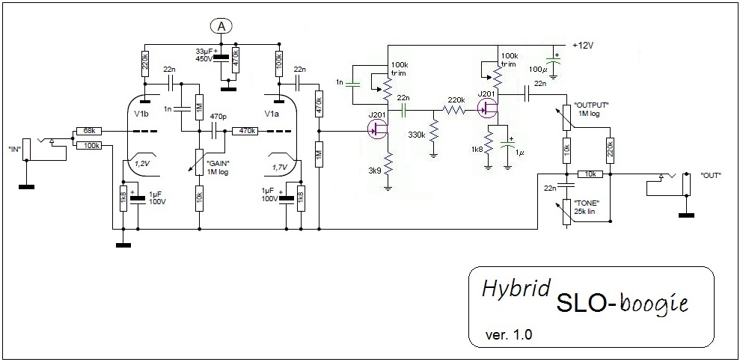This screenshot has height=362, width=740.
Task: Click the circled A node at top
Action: coord(221,26)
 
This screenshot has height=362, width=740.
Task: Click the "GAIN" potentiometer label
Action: coord(218,168)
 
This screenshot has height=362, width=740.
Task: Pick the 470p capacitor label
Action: coord(218,117)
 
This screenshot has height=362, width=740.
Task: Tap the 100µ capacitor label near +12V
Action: coord(537,69)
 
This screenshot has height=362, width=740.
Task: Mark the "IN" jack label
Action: coord(13,149)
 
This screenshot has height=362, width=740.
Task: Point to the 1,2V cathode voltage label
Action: coord(141,162)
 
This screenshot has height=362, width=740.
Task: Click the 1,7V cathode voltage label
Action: coord(280,168)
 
